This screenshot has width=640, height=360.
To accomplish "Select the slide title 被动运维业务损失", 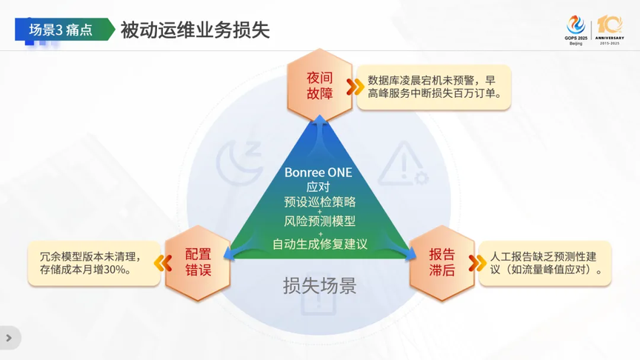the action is [195, 30].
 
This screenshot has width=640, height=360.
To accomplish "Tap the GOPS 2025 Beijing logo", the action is [576, 30].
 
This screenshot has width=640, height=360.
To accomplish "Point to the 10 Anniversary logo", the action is [610, 30].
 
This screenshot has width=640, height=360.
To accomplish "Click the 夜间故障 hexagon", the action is [319, 85].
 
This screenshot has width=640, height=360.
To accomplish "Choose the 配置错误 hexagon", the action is [198, 262].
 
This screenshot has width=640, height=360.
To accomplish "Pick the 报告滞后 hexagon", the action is [442, 262].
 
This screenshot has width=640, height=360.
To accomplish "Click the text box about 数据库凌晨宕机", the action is [434, 87].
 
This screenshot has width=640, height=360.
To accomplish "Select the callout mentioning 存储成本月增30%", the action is [94, 263].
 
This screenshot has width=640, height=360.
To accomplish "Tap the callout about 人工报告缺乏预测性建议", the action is [545, 263].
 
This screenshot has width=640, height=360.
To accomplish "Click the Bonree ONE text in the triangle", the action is [319, 173].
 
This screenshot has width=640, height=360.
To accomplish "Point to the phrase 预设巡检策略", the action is [319, 201].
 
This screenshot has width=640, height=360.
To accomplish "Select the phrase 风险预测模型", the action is [319, 221].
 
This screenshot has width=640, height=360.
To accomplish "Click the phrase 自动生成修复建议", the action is [320, 244].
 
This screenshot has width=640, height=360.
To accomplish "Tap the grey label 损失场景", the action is [319, 286].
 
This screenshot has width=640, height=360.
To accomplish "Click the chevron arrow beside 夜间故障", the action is [355, 87].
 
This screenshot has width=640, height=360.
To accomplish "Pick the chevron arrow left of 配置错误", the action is [163, 263].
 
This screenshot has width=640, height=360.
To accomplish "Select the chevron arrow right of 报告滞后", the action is [477, 263].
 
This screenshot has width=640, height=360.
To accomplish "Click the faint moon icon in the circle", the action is [239, 161].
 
